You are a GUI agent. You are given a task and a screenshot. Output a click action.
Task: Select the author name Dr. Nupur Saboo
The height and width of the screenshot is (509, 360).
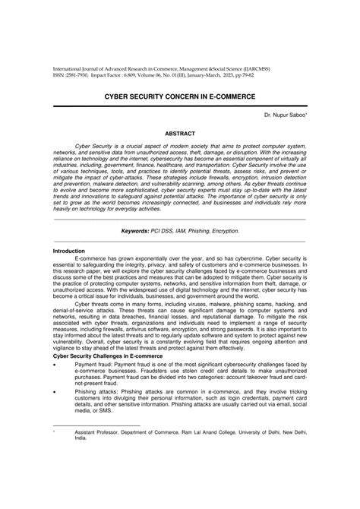pos(283,115)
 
